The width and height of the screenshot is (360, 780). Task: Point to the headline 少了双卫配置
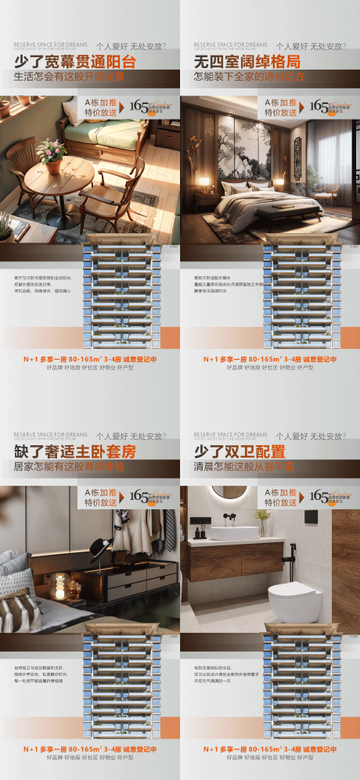[x=232, y=452]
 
